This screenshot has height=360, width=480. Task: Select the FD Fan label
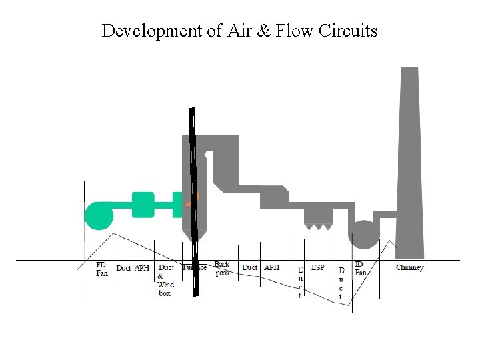coord(102,269)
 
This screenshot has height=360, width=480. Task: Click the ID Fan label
coord(360,268)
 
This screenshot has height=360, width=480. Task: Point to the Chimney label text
coord(409,268)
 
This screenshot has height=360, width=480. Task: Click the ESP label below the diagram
coord(318,267)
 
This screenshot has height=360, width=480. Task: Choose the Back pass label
coord(222,269)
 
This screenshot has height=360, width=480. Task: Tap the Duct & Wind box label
coord(165,280)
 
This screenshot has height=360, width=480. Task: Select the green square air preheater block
coord(143,205)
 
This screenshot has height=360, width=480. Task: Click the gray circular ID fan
coord(363,234)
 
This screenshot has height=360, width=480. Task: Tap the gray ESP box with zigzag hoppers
coord(318,215)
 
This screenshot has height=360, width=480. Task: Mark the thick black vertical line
coord(193,200)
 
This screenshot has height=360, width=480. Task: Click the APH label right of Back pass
coord(272,267)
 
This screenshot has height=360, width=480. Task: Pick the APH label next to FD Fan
coord(142,268)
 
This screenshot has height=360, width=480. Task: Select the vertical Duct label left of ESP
coord(301,282)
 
